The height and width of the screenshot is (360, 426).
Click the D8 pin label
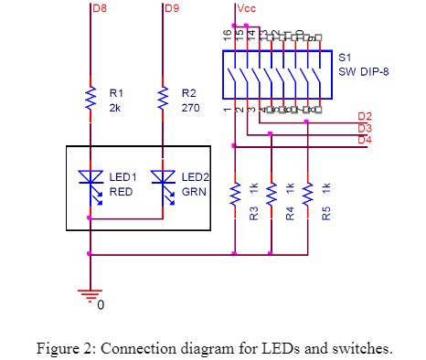point(100,9)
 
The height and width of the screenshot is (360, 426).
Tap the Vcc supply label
point(245,9)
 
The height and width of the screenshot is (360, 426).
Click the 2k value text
point(114,106)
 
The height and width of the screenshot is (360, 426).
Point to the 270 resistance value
point(189,106)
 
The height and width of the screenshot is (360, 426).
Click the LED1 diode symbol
point(91,184)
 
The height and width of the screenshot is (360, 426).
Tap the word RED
point(122,193)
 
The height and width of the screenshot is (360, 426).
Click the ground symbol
point(90,293)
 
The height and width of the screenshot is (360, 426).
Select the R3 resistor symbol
point(235,193)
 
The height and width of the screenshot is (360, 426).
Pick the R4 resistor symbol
point(271,193)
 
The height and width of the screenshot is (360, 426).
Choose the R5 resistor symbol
point(308,193)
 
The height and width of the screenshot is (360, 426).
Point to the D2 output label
point(365,116)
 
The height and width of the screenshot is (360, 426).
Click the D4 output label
point(365,140)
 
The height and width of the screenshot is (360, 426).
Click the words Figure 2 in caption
point(65,347)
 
